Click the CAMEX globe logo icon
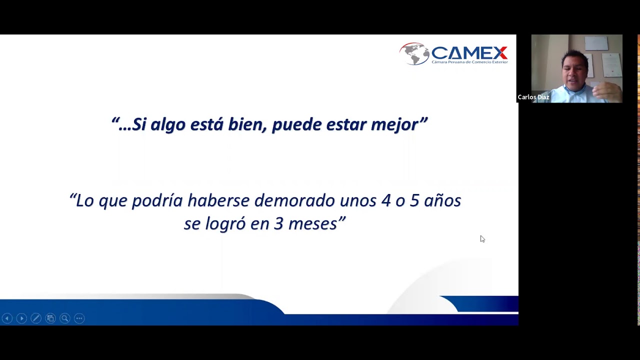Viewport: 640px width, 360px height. tap(414, 54)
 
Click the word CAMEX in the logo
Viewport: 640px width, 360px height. tap(469, 52)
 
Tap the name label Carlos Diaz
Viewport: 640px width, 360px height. tap(533, 97)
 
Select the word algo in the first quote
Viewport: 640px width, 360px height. tap(168, 124)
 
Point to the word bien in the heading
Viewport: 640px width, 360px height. tap(246, 124)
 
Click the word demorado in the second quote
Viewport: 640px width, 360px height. tap(294, 200)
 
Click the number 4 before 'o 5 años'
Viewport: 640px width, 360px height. tap(385, 200)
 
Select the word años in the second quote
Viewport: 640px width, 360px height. tap(442, 200)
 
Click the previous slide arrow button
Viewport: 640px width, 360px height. tap(7, 318)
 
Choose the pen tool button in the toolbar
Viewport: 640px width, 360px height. tap(36, 318)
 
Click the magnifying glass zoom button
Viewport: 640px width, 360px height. tap(65, 318)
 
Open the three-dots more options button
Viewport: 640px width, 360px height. tap(79, 318)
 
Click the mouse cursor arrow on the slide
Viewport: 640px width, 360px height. tap(482, 238)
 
